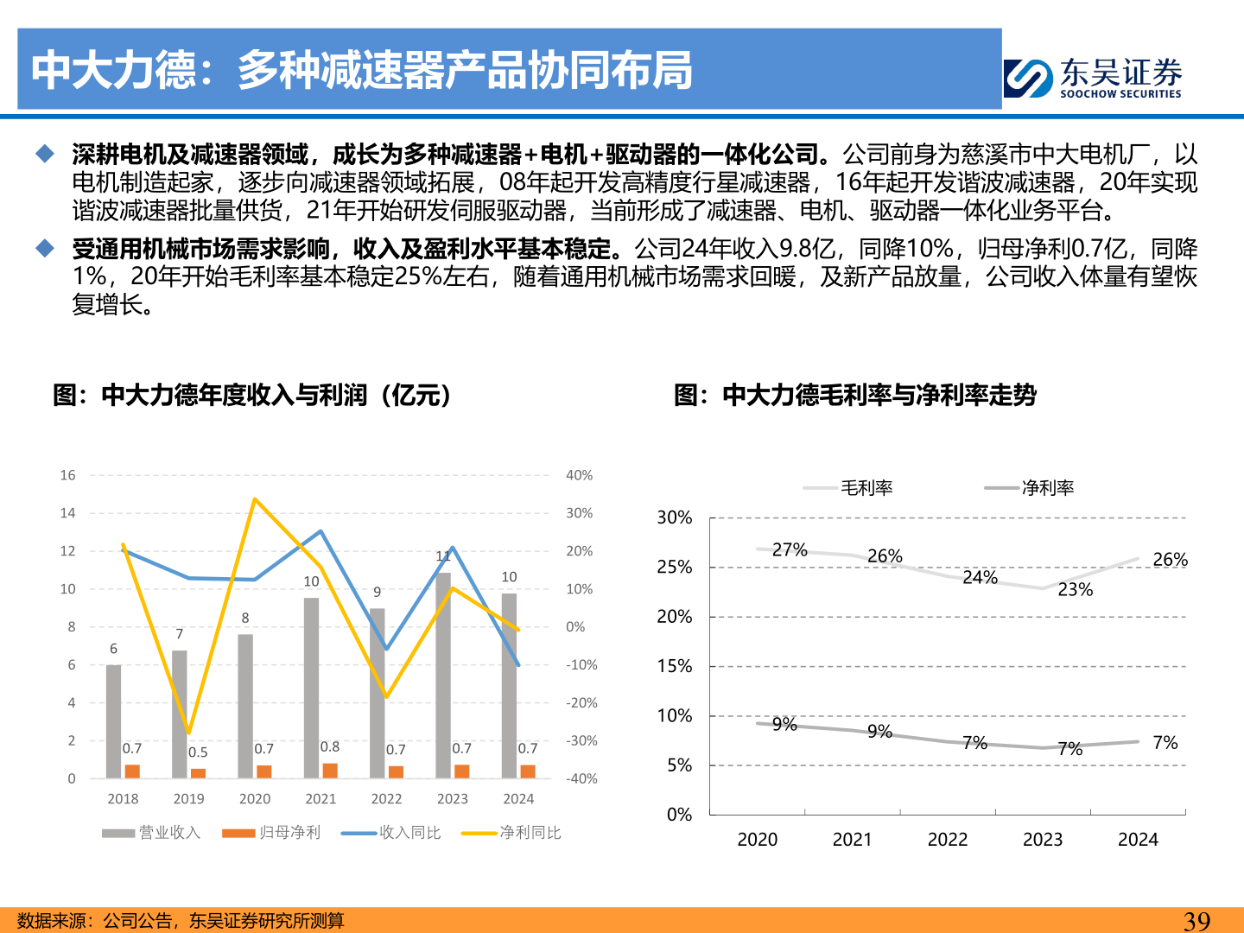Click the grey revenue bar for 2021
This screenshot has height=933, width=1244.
tap(311, 687)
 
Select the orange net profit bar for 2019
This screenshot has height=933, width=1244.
tap(199, 773)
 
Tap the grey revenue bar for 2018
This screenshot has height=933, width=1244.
tap(113, 721)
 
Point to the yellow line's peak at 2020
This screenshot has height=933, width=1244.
tap(254, 499)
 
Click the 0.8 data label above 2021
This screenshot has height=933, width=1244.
tap(329, 746)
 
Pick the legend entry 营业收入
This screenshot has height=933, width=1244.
tap(151, 833)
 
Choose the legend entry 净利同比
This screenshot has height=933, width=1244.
tap(511, 833)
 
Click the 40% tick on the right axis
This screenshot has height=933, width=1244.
tap(579, 475)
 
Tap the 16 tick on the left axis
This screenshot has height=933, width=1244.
tap(67, 475)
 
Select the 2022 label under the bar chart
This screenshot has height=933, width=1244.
tap(386, 799)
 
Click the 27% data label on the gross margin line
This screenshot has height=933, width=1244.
tap(790, 549)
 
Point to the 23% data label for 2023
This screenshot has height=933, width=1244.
tap(1075, 589)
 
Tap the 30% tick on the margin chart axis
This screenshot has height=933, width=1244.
tap(674, 517)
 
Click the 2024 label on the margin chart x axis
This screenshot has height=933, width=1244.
tap(1138, 840)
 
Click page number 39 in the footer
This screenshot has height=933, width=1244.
tap(1196, 921)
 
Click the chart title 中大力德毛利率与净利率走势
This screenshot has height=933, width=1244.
tap(855, 396)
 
